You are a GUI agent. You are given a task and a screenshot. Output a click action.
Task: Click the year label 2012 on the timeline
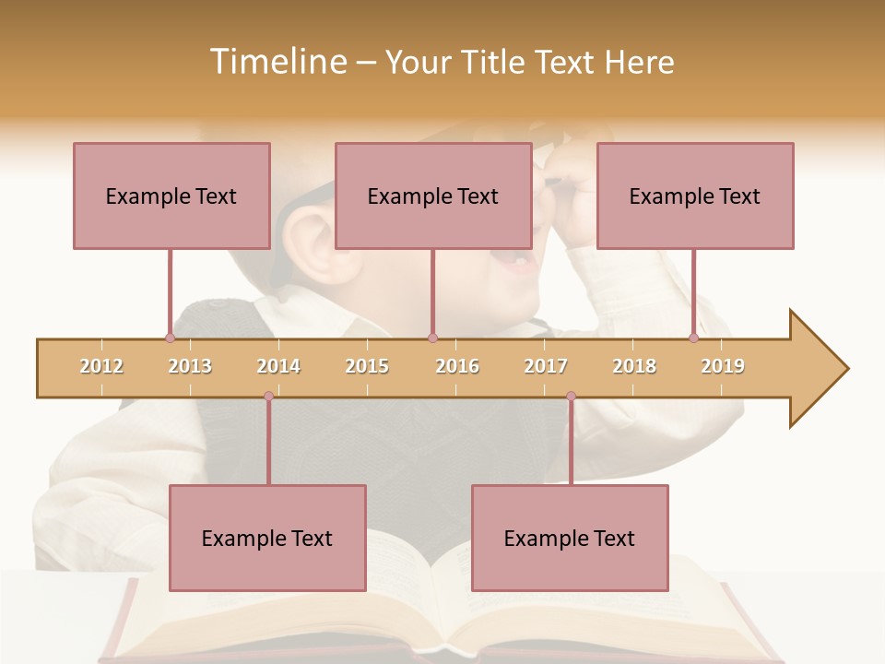pyautogui.click(x=101, y=366)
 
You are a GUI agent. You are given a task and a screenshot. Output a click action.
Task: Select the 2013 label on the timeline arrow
pyautogui.click(x=190, y=366)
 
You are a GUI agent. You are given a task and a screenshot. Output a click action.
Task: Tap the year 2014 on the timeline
pyautogui.click(x=278, y=366)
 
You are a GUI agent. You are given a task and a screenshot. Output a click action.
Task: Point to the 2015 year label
pyautogui.click(x=367, y=366)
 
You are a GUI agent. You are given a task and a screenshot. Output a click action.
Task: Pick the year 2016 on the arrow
pyautogui.click(x=457, y=366)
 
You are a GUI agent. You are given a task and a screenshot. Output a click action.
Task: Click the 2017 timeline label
pyautogui.click(x=546, y=366)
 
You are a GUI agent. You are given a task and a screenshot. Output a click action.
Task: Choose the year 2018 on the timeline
pyautogui.click(x=634, y=366)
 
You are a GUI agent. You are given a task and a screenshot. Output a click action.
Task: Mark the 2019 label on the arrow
pyautogui.click(x=723, y=366)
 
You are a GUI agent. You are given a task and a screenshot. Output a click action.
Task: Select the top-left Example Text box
pyautogui.click(x=171, y=196)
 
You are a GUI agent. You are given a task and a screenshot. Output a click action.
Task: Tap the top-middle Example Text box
pyautogui.click(x=433, y=196)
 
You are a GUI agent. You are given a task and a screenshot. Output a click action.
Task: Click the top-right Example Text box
pyautogui.click(x=695, y=196)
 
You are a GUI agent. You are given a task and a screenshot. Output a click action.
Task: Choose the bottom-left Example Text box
pyautogui.click(x=267, y=538)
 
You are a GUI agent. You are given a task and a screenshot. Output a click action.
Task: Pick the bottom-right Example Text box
pyautogui.click(x=570, y=538)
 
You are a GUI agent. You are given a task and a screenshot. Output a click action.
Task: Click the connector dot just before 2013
pyautogui.click(x=170, y=338)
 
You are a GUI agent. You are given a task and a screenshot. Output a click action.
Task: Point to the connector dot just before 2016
pyautogui.click(x=432, y=338)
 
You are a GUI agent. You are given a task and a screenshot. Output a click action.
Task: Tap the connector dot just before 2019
pyautogui.click(x=693, y=338)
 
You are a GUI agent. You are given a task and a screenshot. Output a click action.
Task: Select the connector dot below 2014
pyautogui.click(x=268, y=397)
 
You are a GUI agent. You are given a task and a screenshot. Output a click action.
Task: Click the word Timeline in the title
pyautogui.click(x=276, y=62)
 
